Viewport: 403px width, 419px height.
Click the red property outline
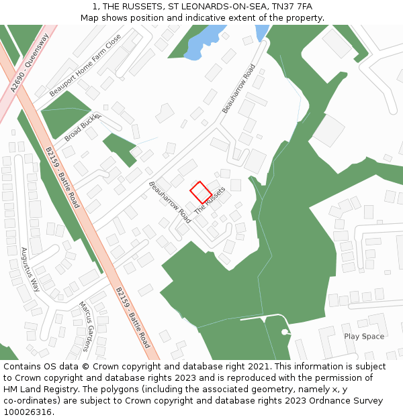pos(201,192)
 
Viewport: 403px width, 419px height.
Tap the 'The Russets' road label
pos(210,201)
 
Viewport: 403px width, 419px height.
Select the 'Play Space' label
pos(364,337)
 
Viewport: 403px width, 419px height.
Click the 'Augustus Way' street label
pos(31,269)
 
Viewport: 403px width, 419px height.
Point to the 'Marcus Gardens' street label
pos(89,326)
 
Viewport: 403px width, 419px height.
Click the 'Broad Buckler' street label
pos(82,127)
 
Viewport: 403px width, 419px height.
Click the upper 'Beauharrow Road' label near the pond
pos(239,88)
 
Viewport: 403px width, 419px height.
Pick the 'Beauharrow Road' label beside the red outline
pos(170,202)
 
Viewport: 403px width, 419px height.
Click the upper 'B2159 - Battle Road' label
pos(62,177)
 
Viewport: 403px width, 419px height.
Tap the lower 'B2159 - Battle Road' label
pos(132,317)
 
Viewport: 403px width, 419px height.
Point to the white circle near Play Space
pos(285,332)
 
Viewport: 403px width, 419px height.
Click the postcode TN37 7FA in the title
pos(292,7)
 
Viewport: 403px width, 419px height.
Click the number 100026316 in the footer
pos(28,412)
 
